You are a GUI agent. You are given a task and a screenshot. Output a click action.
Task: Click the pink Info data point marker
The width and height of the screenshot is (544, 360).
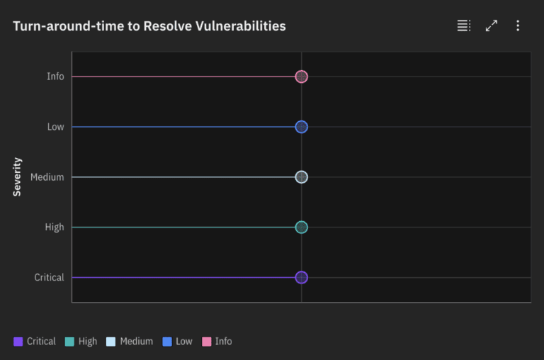[301, 77]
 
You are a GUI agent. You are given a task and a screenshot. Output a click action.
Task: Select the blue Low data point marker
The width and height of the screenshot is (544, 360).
[301, 127]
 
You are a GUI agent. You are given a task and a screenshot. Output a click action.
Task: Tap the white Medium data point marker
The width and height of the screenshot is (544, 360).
[301, 177]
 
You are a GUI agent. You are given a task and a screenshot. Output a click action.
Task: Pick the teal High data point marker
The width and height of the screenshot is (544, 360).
[301, 227]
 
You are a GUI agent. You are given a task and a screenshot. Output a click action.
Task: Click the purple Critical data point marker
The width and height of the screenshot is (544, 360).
[301, 278]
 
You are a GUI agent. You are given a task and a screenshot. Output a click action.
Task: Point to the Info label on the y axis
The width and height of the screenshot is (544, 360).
[55, 77]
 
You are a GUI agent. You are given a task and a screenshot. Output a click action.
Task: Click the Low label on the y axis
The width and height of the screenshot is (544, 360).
[55, 127]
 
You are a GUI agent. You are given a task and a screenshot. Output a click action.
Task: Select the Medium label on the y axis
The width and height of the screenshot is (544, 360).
[47, 177]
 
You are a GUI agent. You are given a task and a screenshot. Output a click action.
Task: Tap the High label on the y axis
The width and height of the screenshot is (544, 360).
[54, 227]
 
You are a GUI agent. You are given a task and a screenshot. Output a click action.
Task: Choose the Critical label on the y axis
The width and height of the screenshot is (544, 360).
[49, 278]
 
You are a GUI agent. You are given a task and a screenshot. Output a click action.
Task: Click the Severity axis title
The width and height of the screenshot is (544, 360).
[17, 177]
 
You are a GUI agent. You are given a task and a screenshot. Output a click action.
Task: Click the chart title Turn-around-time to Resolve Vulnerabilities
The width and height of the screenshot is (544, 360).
[149, 26]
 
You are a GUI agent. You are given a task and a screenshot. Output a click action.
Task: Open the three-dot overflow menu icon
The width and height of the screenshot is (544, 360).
[518, 26]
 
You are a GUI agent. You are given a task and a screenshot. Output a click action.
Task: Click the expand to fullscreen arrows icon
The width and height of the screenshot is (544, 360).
[491, 26]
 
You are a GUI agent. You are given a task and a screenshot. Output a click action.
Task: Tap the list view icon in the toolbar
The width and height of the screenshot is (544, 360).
[463, 26]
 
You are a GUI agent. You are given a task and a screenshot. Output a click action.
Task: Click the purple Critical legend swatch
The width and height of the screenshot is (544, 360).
[18, 342]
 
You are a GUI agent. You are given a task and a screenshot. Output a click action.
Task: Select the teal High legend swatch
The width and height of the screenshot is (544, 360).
[69, 342]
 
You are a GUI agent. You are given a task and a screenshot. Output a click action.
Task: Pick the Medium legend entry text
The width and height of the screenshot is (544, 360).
[136, 342]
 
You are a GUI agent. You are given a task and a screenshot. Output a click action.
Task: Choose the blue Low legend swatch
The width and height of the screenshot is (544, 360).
[167, 342]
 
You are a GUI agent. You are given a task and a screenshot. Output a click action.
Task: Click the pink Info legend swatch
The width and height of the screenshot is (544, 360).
[207, 342]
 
